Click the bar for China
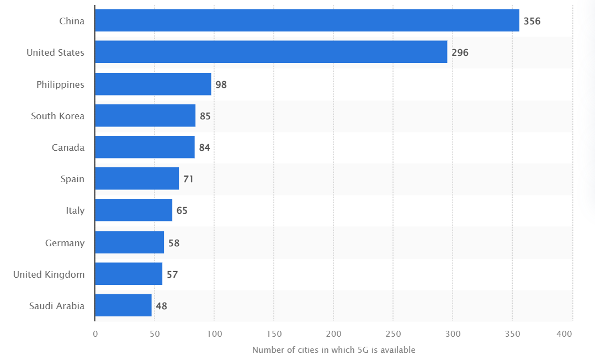click(x=307, y=20)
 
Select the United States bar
click(x=271, y=52)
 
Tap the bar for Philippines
click(x=153, y=84)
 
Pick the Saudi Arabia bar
click(x=123, y=305)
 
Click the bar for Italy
click(x=134, y=210)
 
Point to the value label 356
click(x=532, y=22)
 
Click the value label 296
click(x=460, y=53)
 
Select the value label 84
click(x=205, y=147)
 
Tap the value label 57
click(x=172, y=274)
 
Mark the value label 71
click(x=188, y=179)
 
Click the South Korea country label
click(x=58, y=116)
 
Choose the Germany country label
click(x=65, y=243)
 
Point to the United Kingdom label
click(x=49, y=274)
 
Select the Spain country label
click(x=72, y=179)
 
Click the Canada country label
click(x=68, y=147)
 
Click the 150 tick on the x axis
click(x=274, y=334)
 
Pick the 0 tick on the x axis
click(x=95, y=334)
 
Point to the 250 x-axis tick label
click(x=393, y=334)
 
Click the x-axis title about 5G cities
click(x=333, y=350)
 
